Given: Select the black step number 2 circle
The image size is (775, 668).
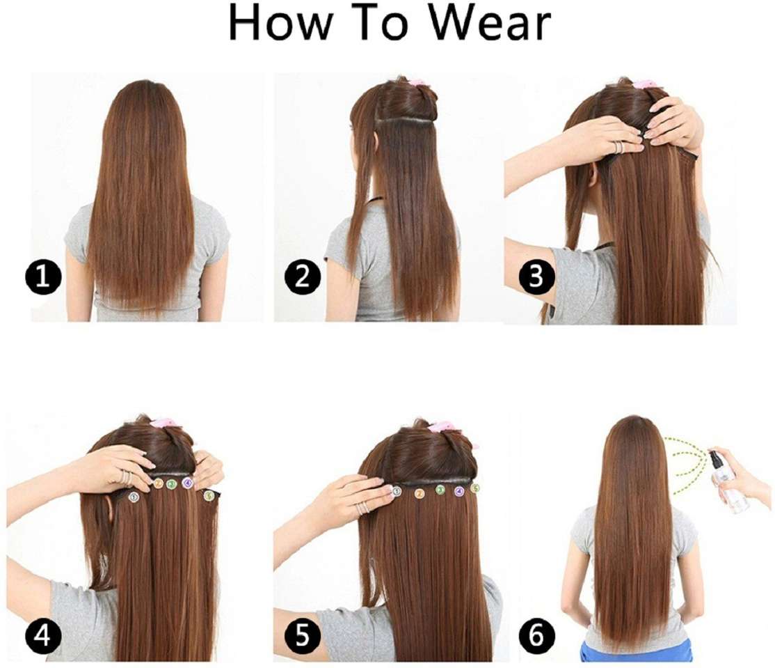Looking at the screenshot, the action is [x=302, y=276].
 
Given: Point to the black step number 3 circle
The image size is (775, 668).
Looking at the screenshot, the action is [x=536, y=276].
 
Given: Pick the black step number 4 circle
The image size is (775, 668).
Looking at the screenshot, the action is [x=43, y=635].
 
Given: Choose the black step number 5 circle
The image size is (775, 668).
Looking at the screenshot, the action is [x=302, y=635].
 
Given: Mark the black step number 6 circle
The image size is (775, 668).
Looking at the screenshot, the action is [x=536, y=635].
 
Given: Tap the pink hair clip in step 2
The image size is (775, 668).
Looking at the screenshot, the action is [x=417, y=84].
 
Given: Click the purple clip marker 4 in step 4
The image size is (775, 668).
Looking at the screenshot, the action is [x=187, y=483].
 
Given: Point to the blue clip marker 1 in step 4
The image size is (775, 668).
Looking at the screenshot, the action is [x=132, y=497].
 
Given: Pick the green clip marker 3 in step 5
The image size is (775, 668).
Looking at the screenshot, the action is [x=440, y=490].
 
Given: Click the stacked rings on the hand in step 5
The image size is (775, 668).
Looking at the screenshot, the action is [x=364, y=508].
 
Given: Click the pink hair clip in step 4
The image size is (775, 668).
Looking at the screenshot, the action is [x=162, y=424].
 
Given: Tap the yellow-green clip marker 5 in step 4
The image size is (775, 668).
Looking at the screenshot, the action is [x=209, y=495].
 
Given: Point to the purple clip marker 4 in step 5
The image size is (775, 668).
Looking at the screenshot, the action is [x=459, y=491].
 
